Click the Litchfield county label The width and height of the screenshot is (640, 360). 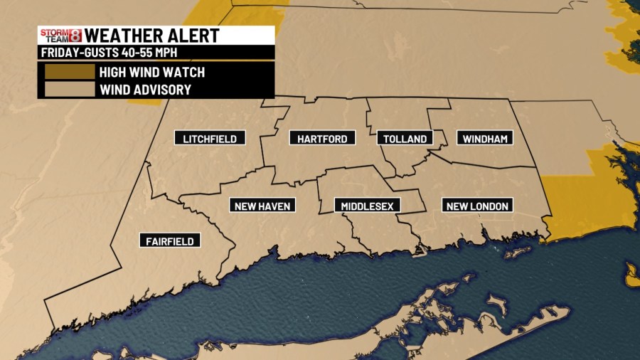pos(210,138)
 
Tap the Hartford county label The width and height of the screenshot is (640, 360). pos(322,138)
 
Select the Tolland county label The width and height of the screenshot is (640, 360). pos(405,138)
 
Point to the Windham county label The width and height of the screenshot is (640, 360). pos(485,138)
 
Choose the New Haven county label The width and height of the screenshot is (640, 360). pos(262,206)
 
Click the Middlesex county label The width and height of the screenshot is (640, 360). pos(367,206)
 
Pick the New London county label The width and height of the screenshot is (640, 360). pos(477,206)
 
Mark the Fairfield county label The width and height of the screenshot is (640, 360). pos(170,240)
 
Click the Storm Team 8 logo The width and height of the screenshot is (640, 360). pos(60,36)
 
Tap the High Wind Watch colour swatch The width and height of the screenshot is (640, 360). pos(69,72)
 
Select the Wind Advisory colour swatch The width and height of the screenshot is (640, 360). pos(69,89)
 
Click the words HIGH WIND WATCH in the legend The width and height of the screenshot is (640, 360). pos(152,72)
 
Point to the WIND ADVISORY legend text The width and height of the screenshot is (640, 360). pos(145,90)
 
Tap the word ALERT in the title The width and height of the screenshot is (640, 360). pos(196,36)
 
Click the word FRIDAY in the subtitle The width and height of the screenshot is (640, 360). pos(58,53)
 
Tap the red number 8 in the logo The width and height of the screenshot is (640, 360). pos(75,36)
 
